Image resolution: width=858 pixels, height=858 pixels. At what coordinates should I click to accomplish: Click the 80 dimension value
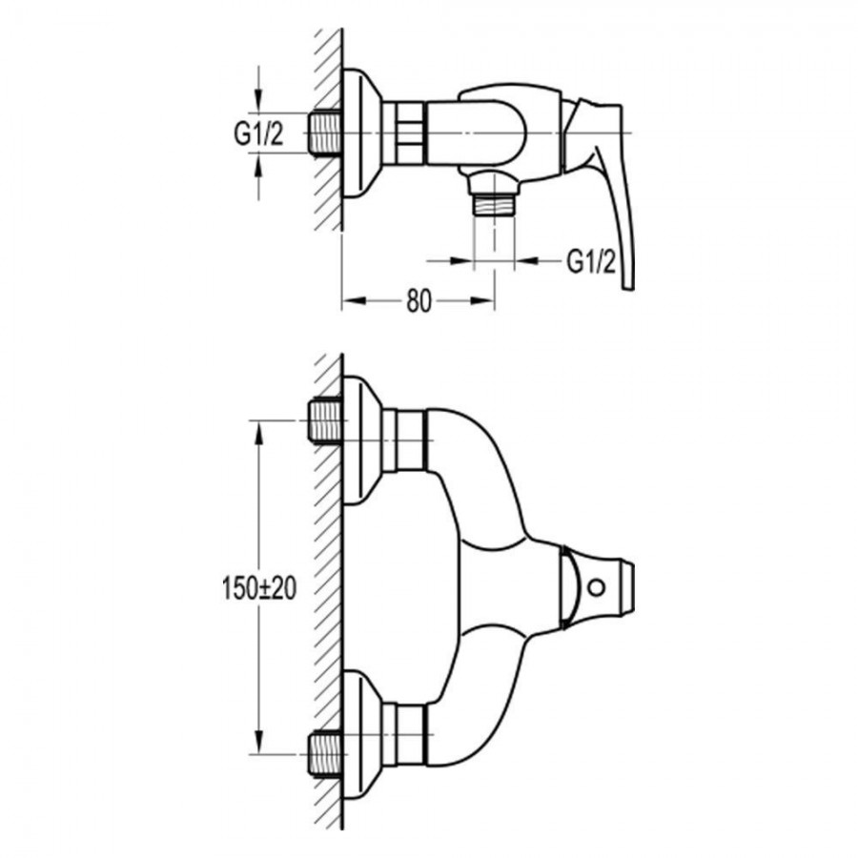(x=419, y=300)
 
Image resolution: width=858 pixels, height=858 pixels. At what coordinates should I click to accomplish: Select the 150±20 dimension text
(x=258, y=588)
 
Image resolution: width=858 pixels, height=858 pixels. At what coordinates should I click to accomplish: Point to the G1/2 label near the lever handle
(x=591, y=261)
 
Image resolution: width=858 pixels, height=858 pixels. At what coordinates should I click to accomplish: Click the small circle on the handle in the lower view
(x=596, y=587)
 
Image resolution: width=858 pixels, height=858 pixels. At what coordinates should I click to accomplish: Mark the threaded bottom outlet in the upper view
(x=494, y=205)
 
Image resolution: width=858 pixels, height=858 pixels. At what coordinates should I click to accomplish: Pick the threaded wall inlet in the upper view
(x=326, y=133)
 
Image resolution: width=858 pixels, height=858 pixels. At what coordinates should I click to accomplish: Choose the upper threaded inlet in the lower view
(x=326, y=420)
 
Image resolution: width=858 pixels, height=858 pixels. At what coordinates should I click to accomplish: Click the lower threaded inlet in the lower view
(x=326, y=754)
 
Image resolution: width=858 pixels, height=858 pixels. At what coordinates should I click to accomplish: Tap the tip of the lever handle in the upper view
(x=629, y=287)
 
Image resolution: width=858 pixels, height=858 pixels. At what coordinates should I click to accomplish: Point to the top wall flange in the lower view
(x=361, y=439)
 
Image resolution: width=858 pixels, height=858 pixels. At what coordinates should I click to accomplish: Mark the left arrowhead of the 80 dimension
(x=354, y=300)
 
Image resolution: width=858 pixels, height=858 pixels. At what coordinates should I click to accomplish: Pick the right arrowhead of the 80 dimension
(x=483, y=300)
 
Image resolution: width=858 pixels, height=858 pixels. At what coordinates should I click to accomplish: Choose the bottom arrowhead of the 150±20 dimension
(x=258, y=743)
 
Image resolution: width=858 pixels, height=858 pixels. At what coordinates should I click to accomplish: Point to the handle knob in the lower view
(x=597, y=587)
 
